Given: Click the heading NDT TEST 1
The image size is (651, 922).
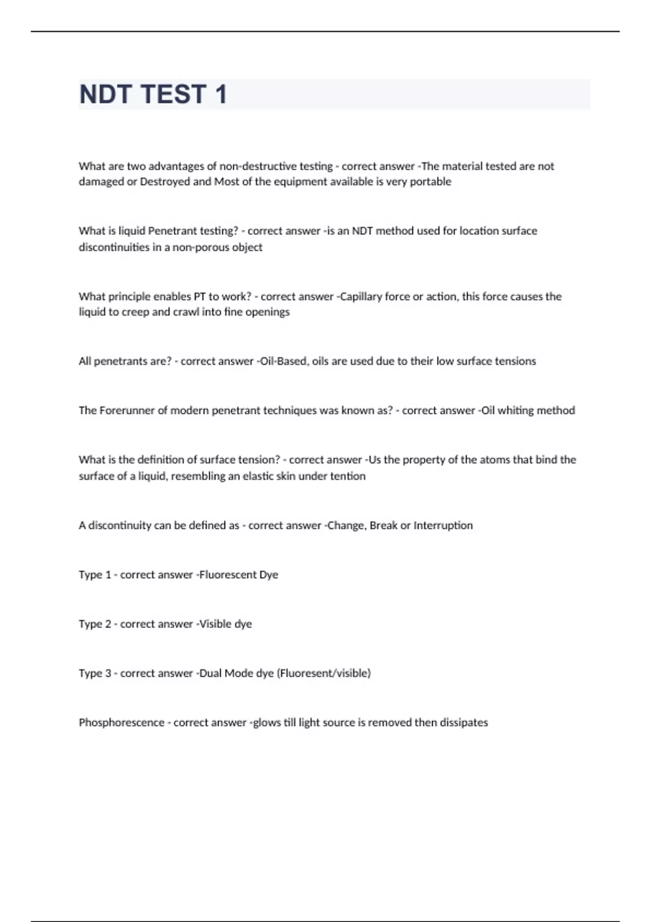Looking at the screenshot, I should coord(153,94).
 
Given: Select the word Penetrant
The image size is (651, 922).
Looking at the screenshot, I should coord(174,231).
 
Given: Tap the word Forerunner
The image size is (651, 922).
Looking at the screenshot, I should coord(127,411).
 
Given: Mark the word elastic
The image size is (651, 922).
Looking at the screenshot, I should coord(262,476).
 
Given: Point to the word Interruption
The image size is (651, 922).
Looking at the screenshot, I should coord(443,526).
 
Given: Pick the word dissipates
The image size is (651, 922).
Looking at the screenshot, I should coord(463,723).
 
